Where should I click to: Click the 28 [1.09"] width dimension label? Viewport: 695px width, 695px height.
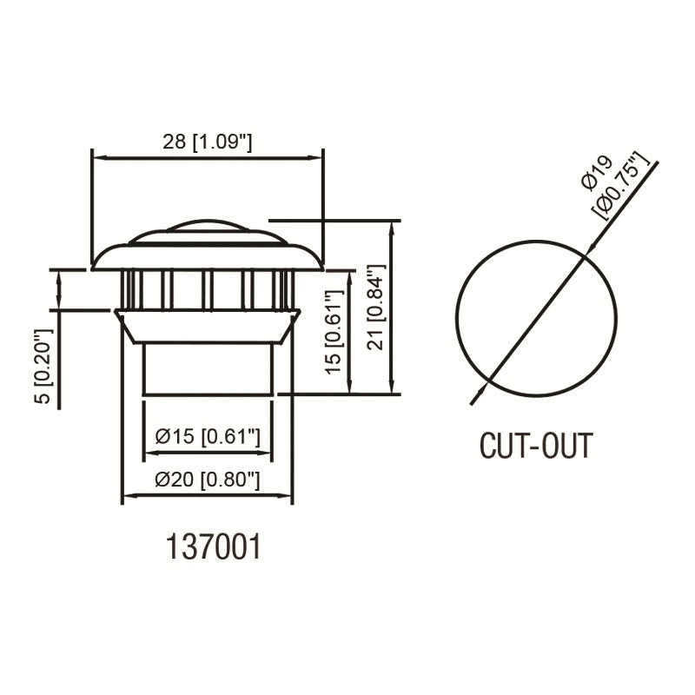click(x=207, y=142)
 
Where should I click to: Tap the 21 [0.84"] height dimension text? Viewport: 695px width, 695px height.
click(x=376, y=308)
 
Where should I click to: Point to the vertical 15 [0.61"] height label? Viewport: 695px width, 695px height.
click(x=334, y=332)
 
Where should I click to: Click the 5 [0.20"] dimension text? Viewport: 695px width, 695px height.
click(x=43, y=366)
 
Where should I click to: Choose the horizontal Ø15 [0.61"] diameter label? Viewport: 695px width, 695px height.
click(x=208, y=437)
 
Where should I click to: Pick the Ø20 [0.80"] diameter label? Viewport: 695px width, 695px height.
click(x=208, y=480)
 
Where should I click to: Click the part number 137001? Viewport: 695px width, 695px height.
click(x=213, y=546)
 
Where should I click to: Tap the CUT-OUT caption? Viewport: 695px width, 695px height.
click(x=536, y=446)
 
